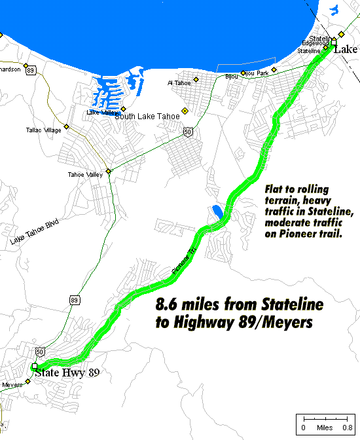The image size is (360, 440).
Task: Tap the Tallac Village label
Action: click(43, 130)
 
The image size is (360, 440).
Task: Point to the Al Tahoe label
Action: click(178, 82)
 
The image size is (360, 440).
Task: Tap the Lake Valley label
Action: click(101, 113)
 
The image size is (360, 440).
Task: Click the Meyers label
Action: click(13, 384)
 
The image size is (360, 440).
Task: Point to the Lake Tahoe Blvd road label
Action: click(34, 232)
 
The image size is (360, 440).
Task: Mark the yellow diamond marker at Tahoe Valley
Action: click(109, 172)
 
